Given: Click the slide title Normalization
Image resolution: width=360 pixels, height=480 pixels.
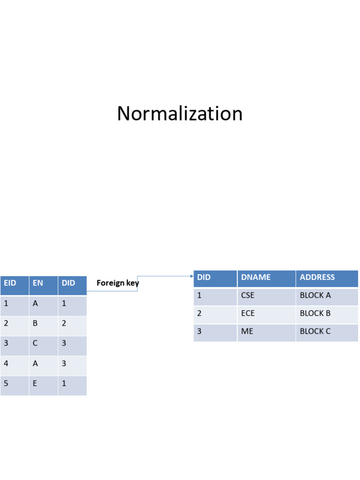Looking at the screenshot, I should pos(180,114).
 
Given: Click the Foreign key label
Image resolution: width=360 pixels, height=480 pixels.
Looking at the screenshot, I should pos(118,283).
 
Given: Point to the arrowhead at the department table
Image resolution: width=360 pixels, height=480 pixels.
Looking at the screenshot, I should pos(192,276).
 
